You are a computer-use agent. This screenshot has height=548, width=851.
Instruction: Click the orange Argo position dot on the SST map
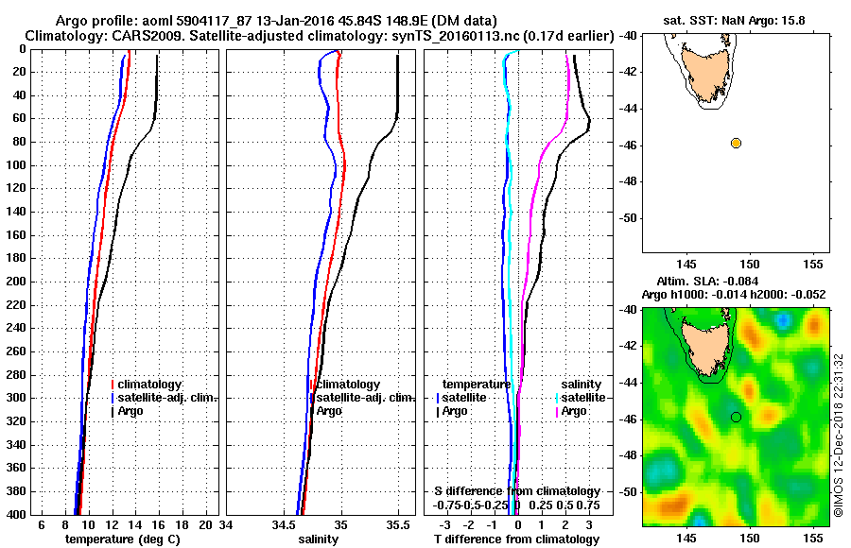[x=736, y=143]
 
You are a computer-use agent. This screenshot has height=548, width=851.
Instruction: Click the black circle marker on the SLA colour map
[x=736, y=417]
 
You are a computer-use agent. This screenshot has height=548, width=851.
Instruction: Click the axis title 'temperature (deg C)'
[x=122, y=539]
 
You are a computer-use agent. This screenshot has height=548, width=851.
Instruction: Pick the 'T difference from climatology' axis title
[x=516, y=539]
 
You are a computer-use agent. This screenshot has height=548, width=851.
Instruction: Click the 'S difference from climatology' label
[x=516, y=491]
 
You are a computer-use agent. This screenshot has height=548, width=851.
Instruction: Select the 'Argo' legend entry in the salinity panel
[x=329, y=411]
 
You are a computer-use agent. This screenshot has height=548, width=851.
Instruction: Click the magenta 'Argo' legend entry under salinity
[x=574, y=411]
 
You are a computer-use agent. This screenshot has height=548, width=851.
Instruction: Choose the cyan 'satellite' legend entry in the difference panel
[x=582, y=398]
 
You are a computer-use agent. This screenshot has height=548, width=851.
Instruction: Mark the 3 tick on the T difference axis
[x=588, y=524]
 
